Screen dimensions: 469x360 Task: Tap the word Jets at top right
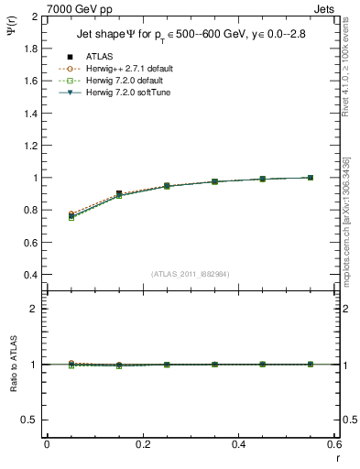point(325,9)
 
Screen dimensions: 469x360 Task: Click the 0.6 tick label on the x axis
point(334,444)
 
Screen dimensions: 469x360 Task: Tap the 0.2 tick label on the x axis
point(142,444)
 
